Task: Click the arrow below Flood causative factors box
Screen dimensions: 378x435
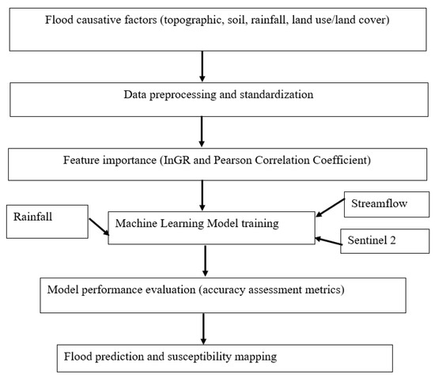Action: (203, 66)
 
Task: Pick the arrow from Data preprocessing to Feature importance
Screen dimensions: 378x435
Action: (203, 130)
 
